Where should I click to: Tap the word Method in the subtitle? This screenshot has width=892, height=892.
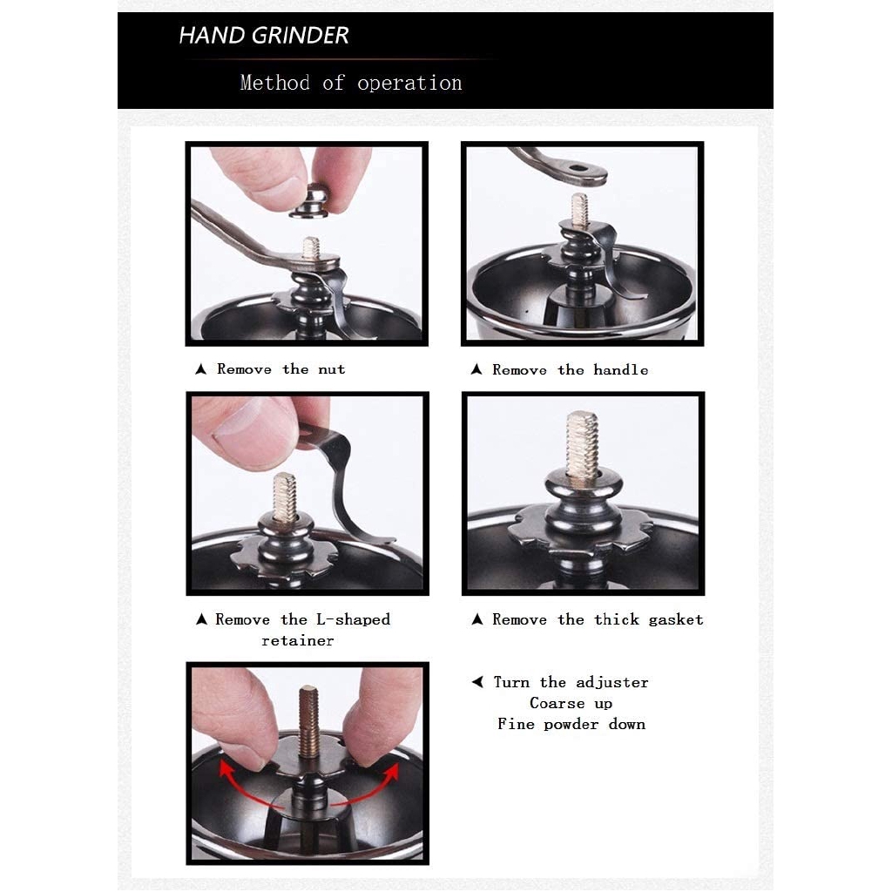pyautogui.click(x=274, y=83)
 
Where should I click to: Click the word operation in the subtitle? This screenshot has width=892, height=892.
pyautogui.click(x=409, y=84)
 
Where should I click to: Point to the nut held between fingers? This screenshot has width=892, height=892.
pyautogui.click(x=309, y=201)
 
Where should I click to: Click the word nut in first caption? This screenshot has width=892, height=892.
pyautogui.click(x=331, y=369)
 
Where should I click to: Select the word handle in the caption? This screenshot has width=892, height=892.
pyautogui.click(x=620, y=370)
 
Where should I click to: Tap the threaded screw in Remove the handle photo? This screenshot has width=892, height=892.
pyautogui.click(x=579, y=212)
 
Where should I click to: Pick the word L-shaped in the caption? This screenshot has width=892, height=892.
pyautogui.click(x=348, y=619)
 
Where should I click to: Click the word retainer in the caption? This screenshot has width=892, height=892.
pyautogui.click(x=297, y=641)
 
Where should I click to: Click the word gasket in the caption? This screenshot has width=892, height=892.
pyautogui.click(x=675, y=619)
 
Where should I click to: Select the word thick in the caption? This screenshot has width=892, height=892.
pyautogui.click(x=617, y=619)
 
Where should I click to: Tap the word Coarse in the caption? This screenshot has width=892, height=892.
pyautogui.click(x=557, y=703)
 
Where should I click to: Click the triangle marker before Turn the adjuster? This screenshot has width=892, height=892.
pyautogui.click(x=477, y=682)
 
